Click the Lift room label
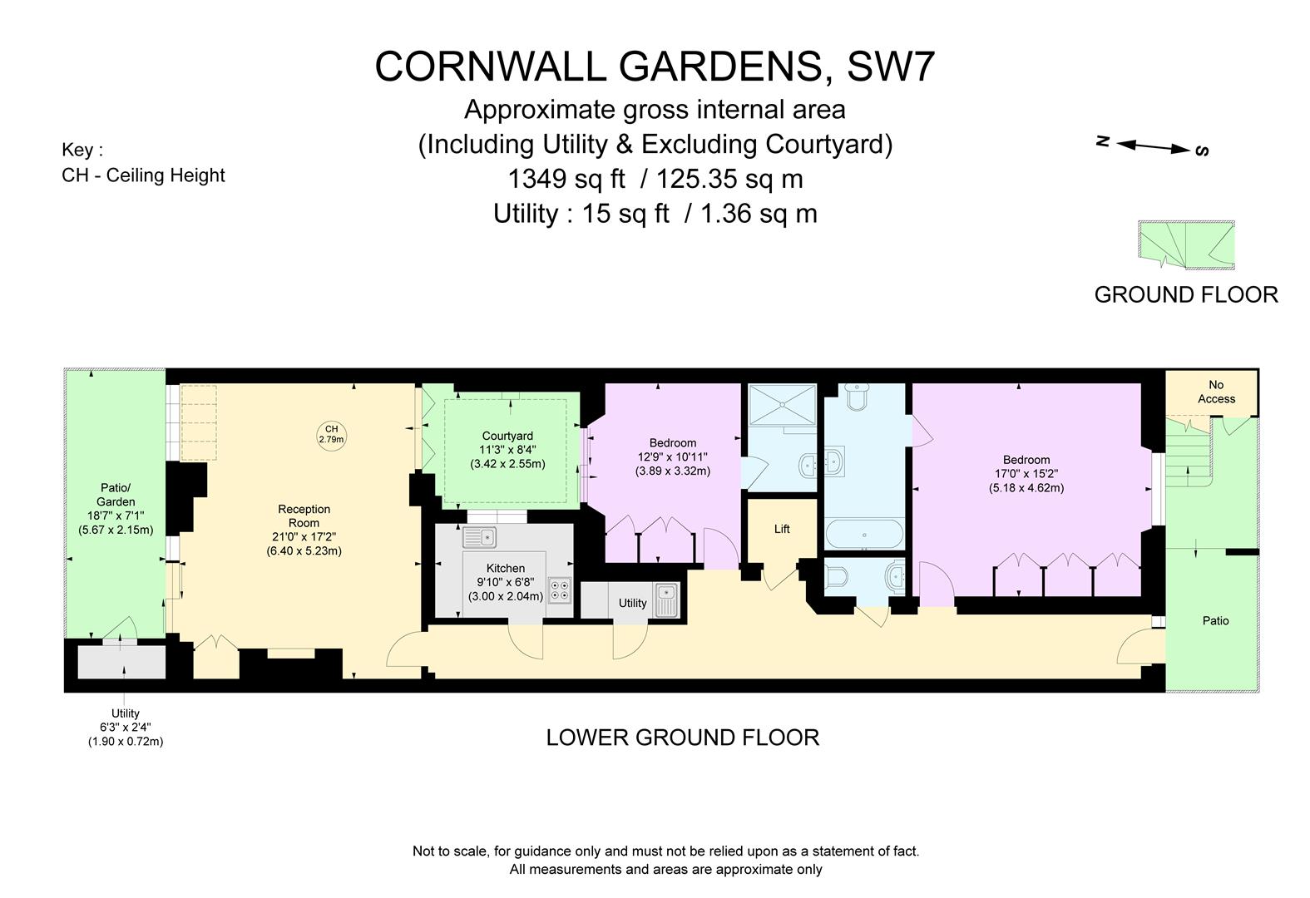[781, 529]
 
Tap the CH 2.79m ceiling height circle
[331, 434]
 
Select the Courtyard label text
[507, 436]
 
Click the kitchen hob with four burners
[560, 590]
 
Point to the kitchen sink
[479, 538]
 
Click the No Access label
[1216, 392]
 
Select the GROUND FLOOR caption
[1185, 294]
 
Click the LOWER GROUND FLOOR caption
[682, 738]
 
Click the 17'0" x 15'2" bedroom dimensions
[1026, 474]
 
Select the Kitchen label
[506, 568]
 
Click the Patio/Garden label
[116, 495]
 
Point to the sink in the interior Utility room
[667, 600]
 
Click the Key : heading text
[82, 150]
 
